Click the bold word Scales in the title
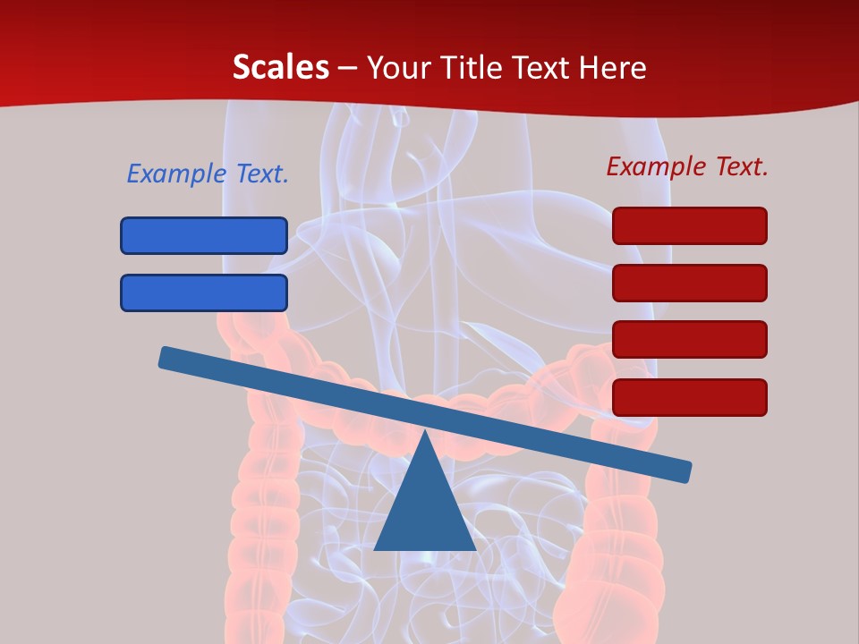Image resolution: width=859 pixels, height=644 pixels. tap(280, 67)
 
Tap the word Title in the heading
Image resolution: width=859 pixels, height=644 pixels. tap(466, 67)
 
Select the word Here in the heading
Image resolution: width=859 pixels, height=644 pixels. tap(613, 67)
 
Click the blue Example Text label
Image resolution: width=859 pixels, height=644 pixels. tap(208, 174)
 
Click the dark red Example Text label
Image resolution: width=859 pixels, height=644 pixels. tap(687, 166)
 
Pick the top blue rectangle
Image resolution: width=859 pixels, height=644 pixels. tap(204, 235)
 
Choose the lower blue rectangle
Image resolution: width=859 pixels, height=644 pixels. tap(204, 292)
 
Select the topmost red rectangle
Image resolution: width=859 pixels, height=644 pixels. tap(690, 225)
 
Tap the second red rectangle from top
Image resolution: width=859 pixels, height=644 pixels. tap(690, 283)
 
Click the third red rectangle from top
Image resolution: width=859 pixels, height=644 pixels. tap(690, 339)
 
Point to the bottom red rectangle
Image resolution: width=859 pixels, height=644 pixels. tap(690, 397)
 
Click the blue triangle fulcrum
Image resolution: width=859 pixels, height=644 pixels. tap(425, 510)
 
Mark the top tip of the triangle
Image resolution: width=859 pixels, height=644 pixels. tap(425, 433)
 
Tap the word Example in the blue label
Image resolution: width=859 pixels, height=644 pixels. tap(176, 174)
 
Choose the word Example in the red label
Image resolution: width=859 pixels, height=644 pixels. tap(656, 166)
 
